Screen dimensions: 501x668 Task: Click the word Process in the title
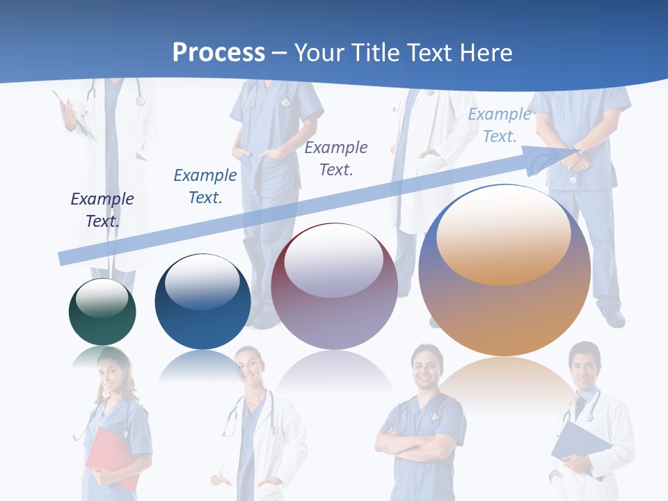click(x=218, y=53)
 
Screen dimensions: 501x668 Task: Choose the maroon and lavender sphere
click(x=334, y=287)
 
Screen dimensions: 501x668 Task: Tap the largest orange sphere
click(x=504, y=271)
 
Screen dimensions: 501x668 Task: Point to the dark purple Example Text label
click(x=102, y=210)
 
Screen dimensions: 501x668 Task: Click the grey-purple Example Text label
click(x=336, y=159)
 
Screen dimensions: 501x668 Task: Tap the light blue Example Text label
click(x=500, y=125)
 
